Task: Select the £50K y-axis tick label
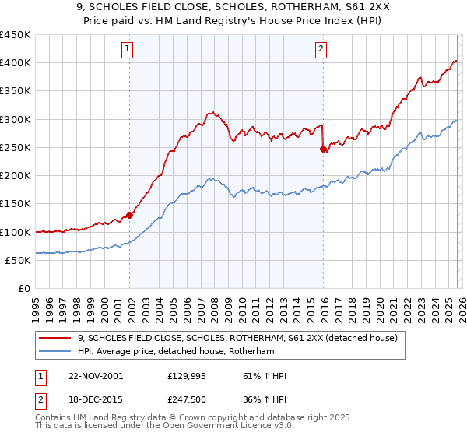point(19,260)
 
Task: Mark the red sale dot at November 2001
point(129,215)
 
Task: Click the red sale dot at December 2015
point(324,149)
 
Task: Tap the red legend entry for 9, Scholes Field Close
point(237,338)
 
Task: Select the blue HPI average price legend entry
point(187,351)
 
